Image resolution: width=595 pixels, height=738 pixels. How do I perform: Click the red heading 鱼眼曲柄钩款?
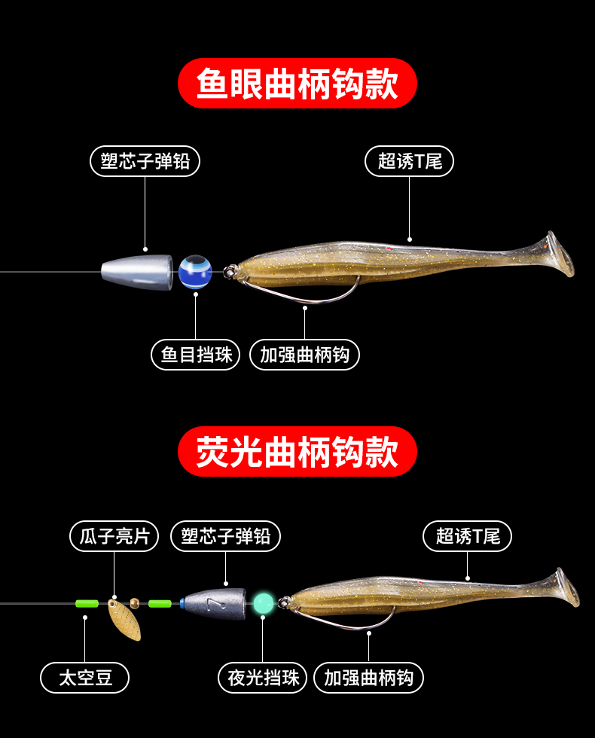click(x=297, y=84)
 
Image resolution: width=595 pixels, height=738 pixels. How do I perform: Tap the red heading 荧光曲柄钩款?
click(x=297, y=452)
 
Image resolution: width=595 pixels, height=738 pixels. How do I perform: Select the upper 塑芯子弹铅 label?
click(x=145, y=161)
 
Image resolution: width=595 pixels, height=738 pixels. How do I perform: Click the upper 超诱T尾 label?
click(x=410, y=161)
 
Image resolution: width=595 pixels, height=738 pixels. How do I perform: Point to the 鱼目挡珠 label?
click(x=196, y=355)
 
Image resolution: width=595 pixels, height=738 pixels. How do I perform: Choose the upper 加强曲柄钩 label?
click(x=305, y=355)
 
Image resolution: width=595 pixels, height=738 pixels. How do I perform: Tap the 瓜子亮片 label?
click(x=114, y=536)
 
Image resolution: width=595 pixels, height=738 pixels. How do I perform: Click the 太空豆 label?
click(x=85, y=678)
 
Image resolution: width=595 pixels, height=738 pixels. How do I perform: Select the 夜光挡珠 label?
click(x=263, y=678)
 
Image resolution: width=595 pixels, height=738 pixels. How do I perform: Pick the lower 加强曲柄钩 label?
click(x=368, y=678)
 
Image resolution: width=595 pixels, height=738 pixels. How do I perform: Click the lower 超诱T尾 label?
click(x=468, y=536)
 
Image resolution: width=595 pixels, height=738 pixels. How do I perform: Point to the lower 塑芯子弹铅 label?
click(x=226, y=536)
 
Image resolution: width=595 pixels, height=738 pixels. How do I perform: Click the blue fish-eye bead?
click(x=195, y=271)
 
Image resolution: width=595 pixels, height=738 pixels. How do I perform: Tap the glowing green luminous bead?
click(x=263, y=602)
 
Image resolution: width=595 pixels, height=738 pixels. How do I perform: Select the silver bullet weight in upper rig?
click(x=137, y=270)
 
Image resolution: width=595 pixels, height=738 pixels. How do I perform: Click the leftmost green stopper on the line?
click(x=87, y=603)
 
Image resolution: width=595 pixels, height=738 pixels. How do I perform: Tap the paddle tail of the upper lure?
click(x=558, y=254)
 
